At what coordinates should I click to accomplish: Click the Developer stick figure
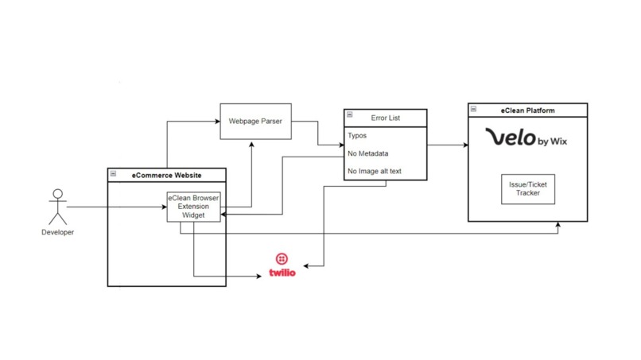pos(56,206)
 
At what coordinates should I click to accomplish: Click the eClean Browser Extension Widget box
pos(193,207)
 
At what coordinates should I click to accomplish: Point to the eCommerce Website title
pos(168,173)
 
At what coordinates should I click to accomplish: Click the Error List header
pos(386,118)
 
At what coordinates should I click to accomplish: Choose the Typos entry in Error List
pos(357,136)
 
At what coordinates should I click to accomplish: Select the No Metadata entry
pos(367,153)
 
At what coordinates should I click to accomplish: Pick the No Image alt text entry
pos(375,171)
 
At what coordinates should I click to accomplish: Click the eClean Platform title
pos(527,110)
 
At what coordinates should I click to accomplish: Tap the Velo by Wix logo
pos(526,139)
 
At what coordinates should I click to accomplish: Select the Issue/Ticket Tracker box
pos(527,188)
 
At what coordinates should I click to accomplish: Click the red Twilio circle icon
pos(282,259)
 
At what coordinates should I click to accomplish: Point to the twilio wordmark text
pos(282,273)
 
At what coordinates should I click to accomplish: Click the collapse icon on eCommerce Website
pos(113,173)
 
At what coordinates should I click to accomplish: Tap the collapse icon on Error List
pos(349,114)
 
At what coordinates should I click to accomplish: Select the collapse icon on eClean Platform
pos(473,109)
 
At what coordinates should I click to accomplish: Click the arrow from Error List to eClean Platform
pos(447,145)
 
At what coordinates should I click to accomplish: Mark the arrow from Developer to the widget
pos(115,207)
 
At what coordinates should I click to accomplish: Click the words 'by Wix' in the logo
pos(553,141)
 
